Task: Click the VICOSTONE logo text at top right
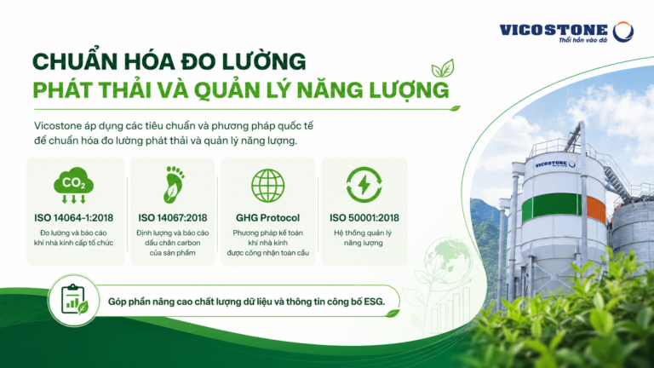click(554, 30)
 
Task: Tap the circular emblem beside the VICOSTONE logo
click(623, 32)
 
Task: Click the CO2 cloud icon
click(73, 185)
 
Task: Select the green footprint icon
click(173, 185)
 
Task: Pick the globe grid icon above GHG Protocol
click(267, 186)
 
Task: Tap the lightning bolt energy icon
click(364, 185)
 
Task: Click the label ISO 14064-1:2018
click(73, 218)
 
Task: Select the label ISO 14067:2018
click(173, 218)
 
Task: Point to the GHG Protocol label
click(267, 218)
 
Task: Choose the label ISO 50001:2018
click(364, 218)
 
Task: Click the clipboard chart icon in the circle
click(74, 300)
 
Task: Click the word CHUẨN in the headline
click(66, 60)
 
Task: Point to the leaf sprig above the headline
click(443, 68)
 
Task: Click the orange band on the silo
click(596, 209)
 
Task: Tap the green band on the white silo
click(552, 205)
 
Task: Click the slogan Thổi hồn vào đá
click(583, 40)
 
